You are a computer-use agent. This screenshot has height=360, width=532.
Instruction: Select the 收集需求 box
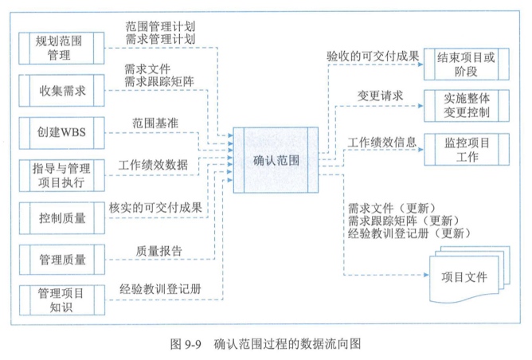[x=60, y=89]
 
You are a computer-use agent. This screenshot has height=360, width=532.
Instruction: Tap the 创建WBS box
[x=60, y=130]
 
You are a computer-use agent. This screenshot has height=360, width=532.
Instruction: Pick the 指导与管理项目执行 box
[x=60, y=172]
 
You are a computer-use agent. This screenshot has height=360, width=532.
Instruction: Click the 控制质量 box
[x=60, y=215]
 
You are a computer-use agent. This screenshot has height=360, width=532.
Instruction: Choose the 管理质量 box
[x=60, y=257]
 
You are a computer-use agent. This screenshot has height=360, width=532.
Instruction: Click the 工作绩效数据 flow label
[x=153, y=166]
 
